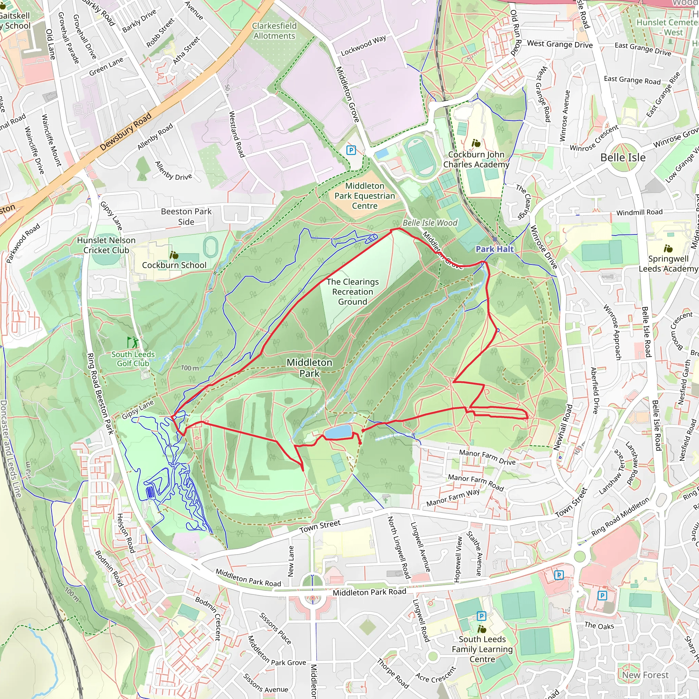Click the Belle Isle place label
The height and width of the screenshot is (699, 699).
(623, 157)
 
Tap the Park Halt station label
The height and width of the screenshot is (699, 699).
(494, 249)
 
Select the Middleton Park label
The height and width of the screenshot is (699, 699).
(309, 368)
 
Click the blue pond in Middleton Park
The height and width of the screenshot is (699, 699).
(338, 432)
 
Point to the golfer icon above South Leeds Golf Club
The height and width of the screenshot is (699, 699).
(132, 342)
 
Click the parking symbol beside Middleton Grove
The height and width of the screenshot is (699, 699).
(351, 150)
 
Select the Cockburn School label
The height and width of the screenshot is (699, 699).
(174, 265)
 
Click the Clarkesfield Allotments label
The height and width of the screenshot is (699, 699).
(274, 31)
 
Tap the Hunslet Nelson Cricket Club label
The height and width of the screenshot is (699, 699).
(106, 245)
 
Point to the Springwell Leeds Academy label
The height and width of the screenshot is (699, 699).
(668, 264)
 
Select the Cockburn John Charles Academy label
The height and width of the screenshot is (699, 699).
(476, 159)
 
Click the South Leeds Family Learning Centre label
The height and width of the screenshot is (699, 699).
(482, 649)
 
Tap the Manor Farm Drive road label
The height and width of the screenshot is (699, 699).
(487, 457)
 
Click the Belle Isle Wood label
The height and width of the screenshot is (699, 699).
(430, 223)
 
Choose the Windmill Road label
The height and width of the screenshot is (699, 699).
(639, 212)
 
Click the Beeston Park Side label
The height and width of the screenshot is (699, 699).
(186, 216)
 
